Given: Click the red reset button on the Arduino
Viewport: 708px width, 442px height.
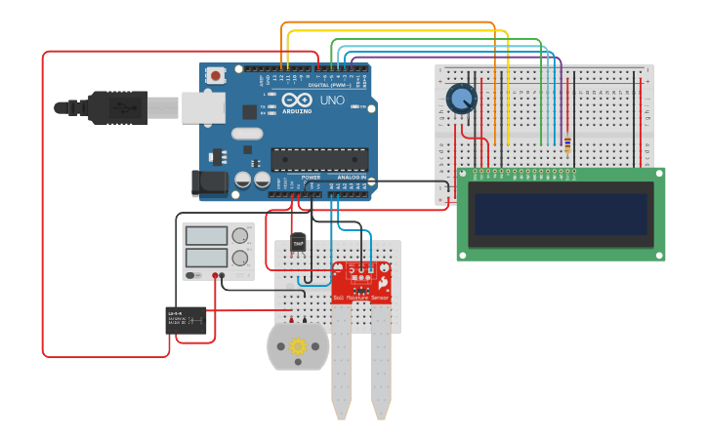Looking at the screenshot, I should click(215, 74).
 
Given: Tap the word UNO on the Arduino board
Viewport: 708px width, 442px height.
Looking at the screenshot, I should click(332, 100).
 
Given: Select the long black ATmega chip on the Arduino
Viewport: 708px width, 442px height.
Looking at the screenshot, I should click(319, 159).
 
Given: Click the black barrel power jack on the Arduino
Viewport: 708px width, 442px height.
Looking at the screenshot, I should click(208, 180).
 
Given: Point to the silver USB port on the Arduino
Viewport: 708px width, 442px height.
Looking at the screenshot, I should click(203, 107).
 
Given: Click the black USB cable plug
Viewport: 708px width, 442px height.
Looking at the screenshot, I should click(117, 107).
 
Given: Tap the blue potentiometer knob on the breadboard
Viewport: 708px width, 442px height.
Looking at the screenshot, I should click(461, 100).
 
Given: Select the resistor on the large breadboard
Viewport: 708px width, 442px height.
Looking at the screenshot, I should click(567, 143).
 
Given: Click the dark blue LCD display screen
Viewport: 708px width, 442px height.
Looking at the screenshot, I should click(561, 214).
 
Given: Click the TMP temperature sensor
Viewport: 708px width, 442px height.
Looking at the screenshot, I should click(298, 243).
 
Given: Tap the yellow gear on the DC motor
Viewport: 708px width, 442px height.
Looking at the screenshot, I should click(298, 345).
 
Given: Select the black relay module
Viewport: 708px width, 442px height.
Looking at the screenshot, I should click(186, 321).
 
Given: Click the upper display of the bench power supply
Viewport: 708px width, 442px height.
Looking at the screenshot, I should click(207, 235).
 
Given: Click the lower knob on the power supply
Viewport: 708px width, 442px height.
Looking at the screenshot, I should click(239, 259).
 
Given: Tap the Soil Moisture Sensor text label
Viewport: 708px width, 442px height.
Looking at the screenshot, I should click(360, 297).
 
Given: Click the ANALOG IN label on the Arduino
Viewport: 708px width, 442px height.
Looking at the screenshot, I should click(352, 178).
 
